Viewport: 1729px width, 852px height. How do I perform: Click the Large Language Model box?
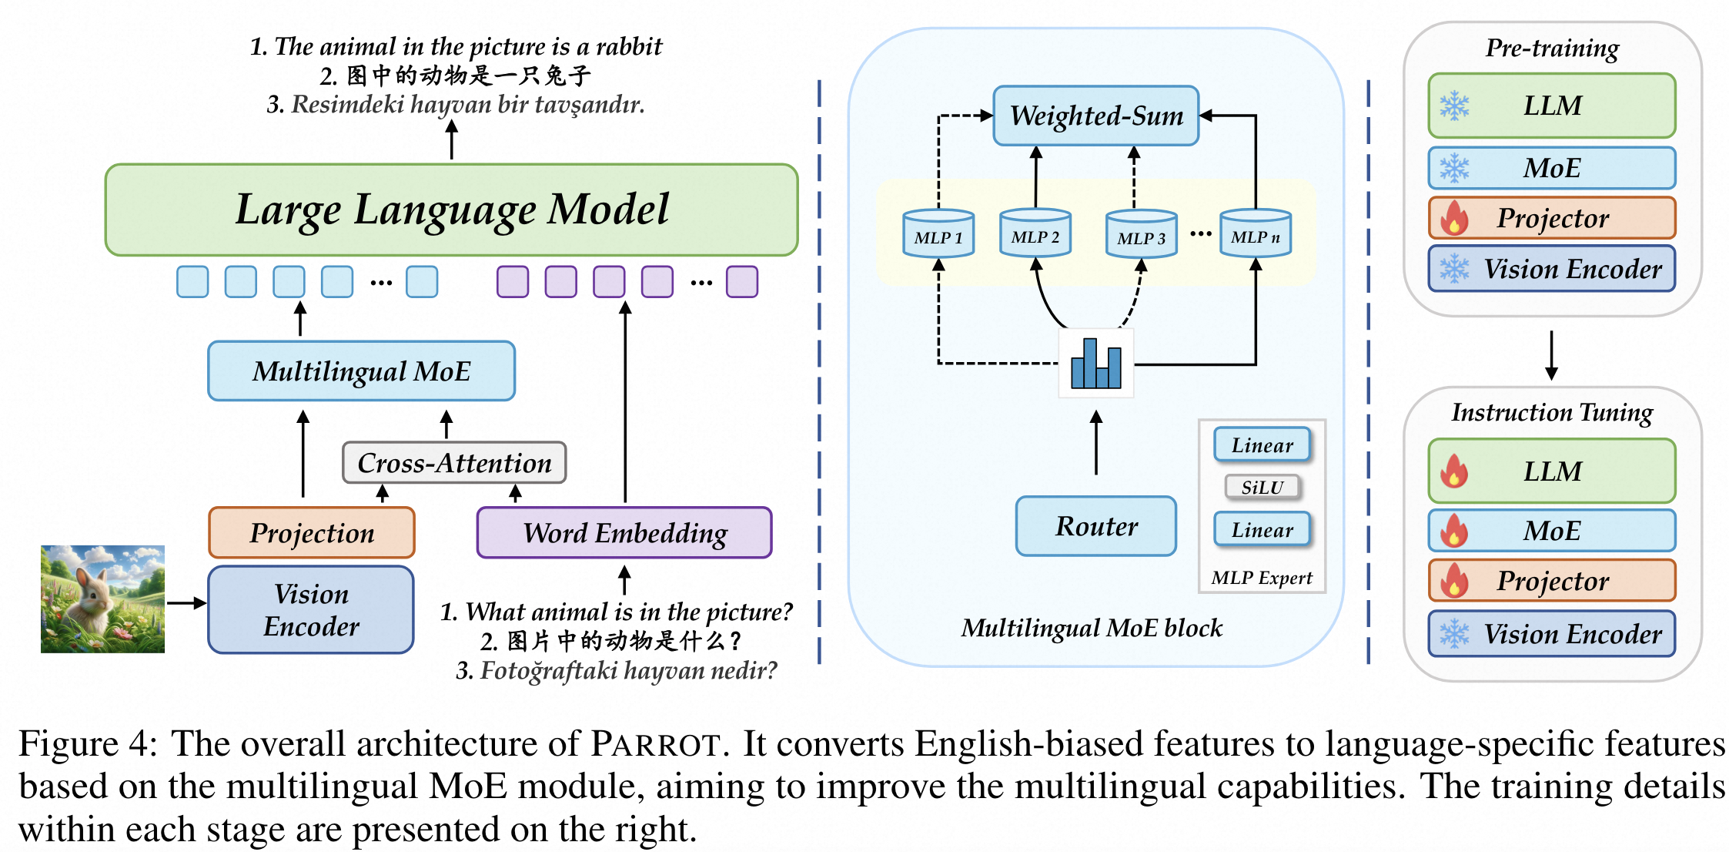(x=451, y=210)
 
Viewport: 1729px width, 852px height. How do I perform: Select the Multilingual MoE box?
(x=361, y=371)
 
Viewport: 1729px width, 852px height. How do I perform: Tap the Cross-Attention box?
(x=454, y=463)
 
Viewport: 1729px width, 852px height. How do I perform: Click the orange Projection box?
(x=312, y=533)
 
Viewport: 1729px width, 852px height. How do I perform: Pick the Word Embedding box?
(x=624, y=533)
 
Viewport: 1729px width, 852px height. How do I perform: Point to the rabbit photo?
(x=102, y=599)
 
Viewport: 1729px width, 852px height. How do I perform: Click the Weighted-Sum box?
(x=1096, y=116)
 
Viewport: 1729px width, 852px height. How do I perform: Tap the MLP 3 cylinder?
(x=1141, y=234)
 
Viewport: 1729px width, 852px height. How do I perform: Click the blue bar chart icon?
(x=1096, y=364)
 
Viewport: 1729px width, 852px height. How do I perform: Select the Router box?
(x=1096, y=526)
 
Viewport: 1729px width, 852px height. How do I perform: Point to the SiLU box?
(x=1262, y=488)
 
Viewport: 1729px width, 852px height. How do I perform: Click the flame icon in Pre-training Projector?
(x=1454, y=218)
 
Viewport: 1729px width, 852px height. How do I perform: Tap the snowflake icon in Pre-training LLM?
(x=1454, y=106)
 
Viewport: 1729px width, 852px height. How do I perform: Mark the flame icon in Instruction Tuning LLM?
(x=1454, y=471)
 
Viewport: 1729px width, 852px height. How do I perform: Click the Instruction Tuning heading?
(x=1552, y=413)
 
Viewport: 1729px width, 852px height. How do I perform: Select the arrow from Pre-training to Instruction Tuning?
(x=1552, y=355)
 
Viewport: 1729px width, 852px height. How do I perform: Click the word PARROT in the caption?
(x=655, y=745)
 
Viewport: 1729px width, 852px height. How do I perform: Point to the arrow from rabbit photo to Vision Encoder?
(x=186, y=603)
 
